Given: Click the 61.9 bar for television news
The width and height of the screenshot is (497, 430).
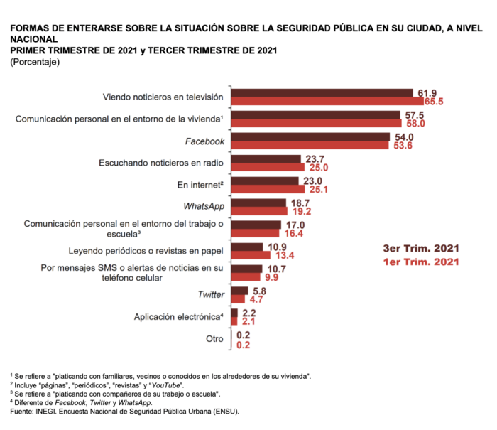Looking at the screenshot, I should (x=322, y=92).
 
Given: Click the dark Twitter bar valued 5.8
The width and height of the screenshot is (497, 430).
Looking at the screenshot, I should (x=239, y=290).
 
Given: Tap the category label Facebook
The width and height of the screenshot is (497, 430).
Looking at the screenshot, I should (x=204, y=141).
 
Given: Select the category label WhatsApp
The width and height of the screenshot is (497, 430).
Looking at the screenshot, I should (x=204, y=207).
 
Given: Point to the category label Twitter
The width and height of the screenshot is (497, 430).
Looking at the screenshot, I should (x=211, y=294).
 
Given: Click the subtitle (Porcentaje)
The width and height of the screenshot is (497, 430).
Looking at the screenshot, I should (x=35, y=63).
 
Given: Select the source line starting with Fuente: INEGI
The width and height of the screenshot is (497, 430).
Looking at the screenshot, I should (x=124, y=411).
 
